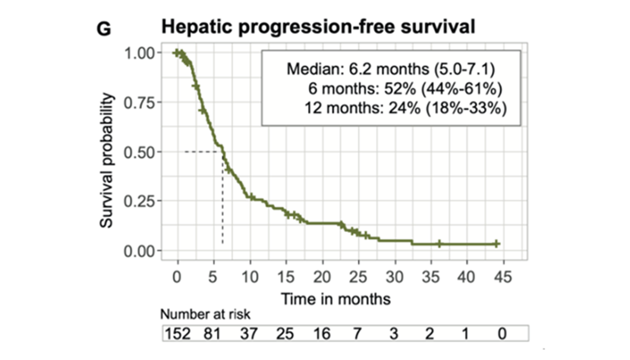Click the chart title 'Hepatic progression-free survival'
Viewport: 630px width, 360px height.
(x=318, y=27)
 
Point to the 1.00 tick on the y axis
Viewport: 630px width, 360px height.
(x=139, y=53)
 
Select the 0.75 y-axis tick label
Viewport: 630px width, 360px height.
(x=139, y=102)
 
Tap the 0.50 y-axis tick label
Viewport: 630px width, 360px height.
(x=139, y=152)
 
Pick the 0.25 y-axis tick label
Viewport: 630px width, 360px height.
(x=139, y=201)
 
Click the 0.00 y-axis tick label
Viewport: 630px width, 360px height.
(x=139, y=250)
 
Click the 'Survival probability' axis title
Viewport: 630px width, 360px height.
(x=107, y=161)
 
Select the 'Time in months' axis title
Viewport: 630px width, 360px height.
(x=336, y=299)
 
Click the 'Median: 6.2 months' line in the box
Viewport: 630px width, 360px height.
(x=391, y=69)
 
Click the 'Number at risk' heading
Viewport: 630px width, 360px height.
(x=206, y=315)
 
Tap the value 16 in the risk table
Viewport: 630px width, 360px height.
(x=322, y=334)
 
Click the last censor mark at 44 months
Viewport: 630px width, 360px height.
(x=497, y=244)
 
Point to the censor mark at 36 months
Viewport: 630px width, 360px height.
(x=439, y=244)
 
